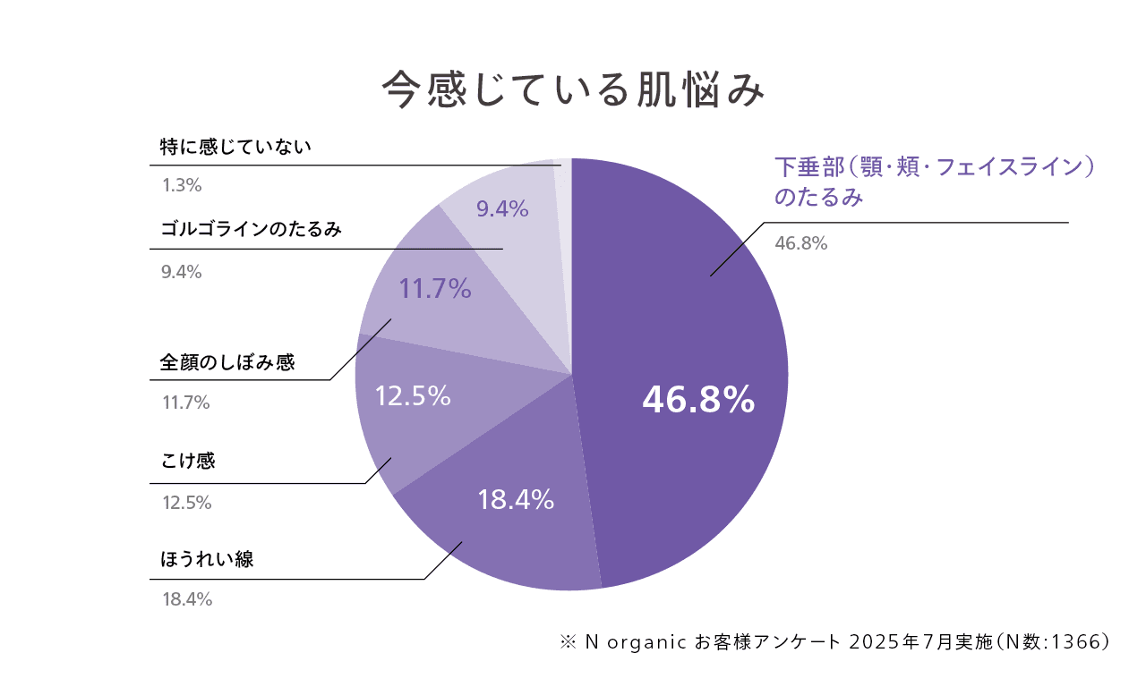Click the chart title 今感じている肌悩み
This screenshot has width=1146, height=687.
(573, 89)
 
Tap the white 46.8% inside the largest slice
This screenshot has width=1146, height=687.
(698, 402)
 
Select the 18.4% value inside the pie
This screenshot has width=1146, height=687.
(516, 500)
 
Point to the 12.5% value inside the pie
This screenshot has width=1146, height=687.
(412, 395)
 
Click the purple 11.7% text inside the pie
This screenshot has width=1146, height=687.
(435, 288)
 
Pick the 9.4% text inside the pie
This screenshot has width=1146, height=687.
(502, 209)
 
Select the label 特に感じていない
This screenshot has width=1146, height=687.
(235, 147)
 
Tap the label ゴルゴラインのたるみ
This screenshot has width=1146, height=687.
(252, 229)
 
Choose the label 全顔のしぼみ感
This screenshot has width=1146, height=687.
(227, 362)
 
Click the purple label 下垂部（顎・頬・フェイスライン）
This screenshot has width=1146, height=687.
(935, 167)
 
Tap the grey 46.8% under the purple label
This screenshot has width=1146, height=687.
(800, 242)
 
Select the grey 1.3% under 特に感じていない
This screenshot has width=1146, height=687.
(182, 186)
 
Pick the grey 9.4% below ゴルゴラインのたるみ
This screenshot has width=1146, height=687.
(182, 272)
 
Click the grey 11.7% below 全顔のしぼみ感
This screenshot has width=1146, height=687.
(185, 403)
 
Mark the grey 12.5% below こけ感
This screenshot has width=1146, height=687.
(186, 503)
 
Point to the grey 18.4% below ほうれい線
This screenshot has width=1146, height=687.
(187, 599)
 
